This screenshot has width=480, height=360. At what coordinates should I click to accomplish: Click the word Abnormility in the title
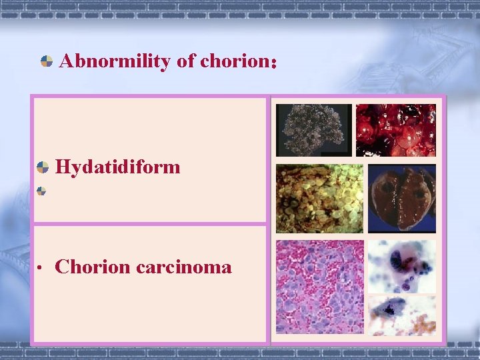[115, 62]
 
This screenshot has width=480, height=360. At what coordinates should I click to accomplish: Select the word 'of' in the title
[185, 62]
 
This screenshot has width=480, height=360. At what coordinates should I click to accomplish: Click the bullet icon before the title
[47, 62]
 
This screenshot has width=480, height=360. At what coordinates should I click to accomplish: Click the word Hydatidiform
[118, 167]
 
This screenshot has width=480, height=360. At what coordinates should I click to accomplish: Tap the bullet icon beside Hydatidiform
[42, 167]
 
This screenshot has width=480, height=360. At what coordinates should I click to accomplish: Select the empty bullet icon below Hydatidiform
[41, 191]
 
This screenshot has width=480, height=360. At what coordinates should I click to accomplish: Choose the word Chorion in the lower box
[93, 267]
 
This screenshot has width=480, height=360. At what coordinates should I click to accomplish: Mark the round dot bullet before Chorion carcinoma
[41, 269]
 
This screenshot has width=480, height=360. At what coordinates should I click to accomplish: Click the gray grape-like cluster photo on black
[313, 131]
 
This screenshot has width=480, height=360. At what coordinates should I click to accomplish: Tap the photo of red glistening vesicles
[395, 131]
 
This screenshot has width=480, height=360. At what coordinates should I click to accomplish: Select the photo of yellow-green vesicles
[319, 199]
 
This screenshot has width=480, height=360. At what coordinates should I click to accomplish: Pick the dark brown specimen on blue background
[401, 199]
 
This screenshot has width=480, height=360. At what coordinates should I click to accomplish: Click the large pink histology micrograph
[319, 287]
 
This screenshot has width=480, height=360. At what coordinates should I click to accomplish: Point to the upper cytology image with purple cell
[401, 267]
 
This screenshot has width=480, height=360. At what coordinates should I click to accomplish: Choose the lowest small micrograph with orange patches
[401, 315]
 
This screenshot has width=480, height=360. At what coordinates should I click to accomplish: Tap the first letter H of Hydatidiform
[63, 167]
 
